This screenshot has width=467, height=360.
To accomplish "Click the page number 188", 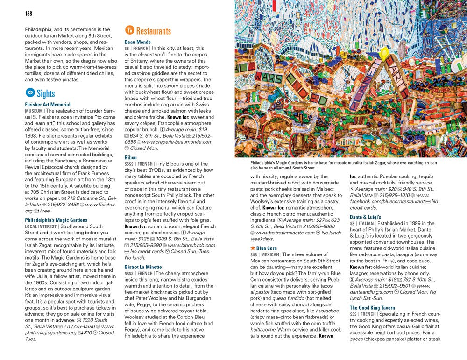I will (x=29, y=13).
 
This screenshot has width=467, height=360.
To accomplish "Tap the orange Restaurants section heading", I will (x=153, y=31).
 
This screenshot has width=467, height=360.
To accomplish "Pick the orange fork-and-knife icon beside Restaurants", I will (x=129, y=31).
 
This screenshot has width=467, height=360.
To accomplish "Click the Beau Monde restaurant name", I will (x=138, y=42).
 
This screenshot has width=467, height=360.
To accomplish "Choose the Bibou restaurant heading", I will (x=131, y=158).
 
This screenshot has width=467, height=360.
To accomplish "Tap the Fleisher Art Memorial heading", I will (x=48, y=105).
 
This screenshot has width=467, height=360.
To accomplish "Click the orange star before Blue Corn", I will (x=253, y=248).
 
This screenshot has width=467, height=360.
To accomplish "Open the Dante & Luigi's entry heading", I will (x=365, y=217).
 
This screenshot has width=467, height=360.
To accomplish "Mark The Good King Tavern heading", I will (x=372, y=308).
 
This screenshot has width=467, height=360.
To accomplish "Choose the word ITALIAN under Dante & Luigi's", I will (x=367, y=223).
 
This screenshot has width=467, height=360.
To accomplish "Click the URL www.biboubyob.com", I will (x=191, y=245).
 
